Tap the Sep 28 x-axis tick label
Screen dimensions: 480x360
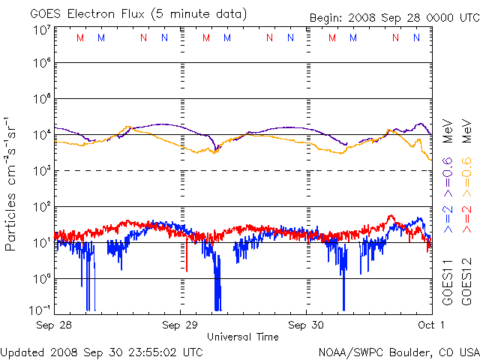click(x=54, y=325)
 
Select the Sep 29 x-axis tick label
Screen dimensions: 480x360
click(x=180, y=325)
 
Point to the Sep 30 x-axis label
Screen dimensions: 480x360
click(x=306, y=325)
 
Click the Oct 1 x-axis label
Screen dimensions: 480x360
click(x=431, y=325)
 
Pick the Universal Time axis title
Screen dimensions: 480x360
click(x=243, y=337)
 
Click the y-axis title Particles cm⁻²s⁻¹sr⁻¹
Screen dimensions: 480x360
click(x=10, y=184)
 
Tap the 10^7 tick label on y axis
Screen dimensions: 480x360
click(x=43, y=30)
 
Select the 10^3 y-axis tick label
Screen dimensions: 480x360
click(x=43, y=171)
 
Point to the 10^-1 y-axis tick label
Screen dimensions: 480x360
click(x=40, y=310)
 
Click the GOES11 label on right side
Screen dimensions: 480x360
click(x=448, y=283)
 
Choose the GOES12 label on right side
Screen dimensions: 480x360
click(x=466, y=283)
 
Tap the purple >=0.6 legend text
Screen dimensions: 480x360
click(x=448, y=177)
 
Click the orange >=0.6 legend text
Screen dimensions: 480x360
click(x=466, y=177)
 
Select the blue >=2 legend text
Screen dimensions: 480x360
click(x=448, y=219)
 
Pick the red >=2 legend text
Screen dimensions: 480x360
click(x=466, y=219)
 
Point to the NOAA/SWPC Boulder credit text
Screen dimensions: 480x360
click(x=399, y=352)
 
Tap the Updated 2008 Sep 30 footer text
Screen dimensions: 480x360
click(x=102, y=352)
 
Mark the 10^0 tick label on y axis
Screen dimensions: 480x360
click(x=43, y=279)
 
